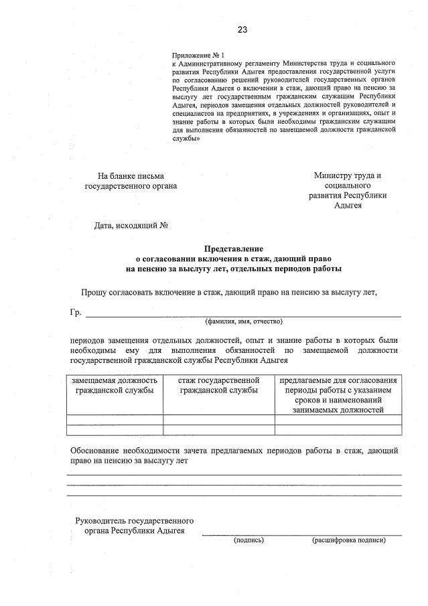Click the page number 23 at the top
[242, 29]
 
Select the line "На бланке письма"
[131, 176]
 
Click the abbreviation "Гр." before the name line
[75, 313]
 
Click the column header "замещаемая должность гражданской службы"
[115, 385]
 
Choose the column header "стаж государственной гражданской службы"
[218, 385]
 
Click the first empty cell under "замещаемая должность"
[115, 421]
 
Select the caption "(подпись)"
[248, 539]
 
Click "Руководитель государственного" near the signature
[135, 520]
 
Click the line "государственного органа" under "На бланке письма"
[131, 186]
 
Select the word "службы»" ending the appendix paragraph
[186, 139]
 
